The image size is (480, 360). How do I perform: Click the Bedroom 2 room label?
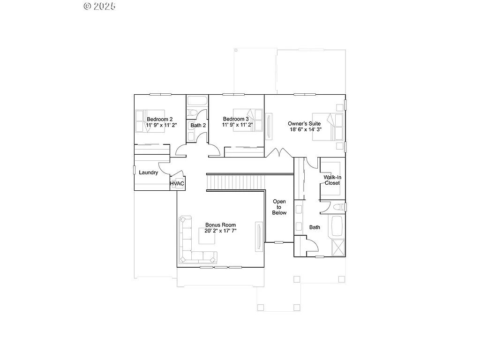pos(159,119)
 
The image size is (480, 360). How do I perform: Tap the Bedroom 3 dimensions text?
pos(237,125)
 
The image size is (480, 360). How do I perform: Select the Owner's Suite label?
pos(304,123)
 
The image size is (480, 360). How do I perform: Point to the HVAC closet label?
pos(177,183)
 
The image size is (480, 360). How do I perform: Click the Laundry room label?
pos(148,172)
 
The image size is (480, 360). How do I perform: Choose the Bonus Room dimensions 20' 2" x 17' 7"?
pos(220,231)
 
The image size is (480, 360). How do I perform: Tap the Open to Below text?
pos(279,207)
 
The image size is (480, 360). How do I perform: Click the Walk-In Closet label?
pos(332,180)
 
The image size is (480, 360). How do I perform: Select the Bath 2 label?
pos(198,125)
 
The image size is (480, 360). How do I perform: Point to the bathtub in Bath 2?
pos(197,101)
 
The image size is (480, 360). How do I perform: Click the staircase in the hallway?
pos(236,181)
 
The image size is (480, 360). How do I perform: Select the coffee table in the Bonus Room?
pos(207,238)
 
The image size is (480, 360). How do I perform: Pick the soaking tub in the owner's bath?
pos(337,226)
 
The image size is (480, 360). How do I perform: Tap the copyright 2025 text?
pos(99,6)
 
